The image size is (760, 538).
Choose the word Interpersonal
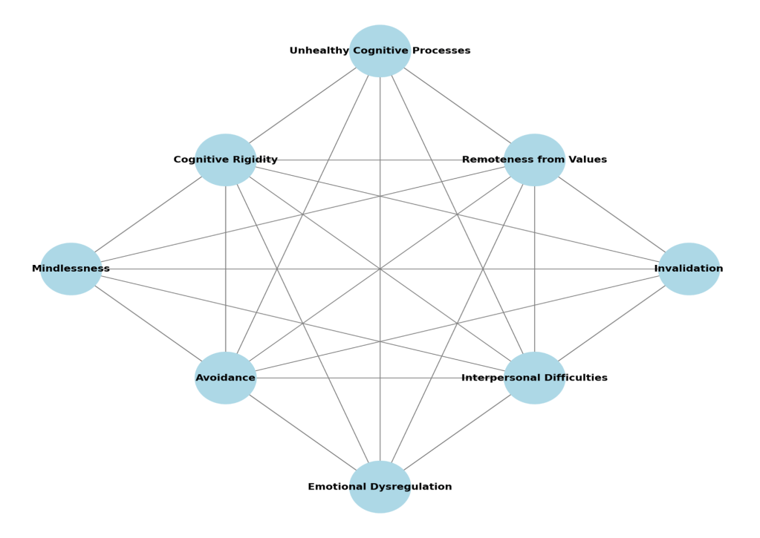[498, 378]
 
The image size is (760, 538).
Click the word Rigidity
[256, 160]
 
